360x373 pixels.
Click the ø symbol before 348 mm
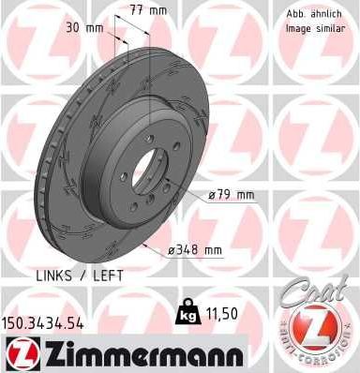pyautogui.click(x=172, y=249)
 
